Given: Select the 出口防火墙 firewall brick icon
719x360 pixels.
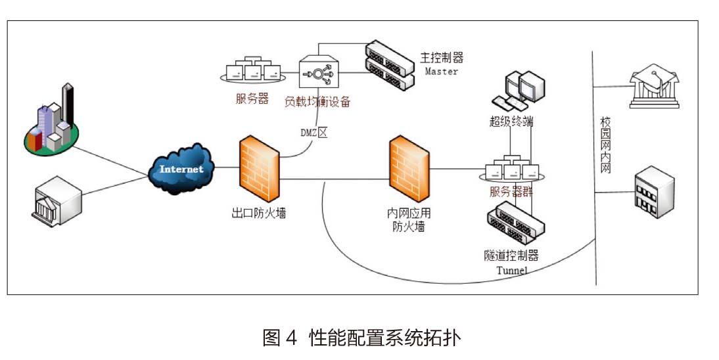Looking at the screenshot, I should pos(258,169).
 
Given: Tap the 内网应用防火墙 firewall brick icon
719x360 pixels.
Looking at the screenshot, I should pos(409,169).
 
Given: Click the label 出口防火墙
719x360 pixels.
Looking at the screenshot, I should pos(258,213).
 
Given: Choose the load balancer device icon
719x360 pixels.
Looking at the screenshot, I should pos(317,73).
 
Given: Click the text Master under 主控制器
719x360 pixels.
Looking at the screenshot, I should pos(441,71).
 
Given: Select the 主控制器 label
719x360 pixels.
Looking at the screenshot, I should pos(442,58).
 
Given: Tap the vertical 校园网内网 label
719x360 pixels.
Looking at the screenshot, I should pos(605,145).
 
